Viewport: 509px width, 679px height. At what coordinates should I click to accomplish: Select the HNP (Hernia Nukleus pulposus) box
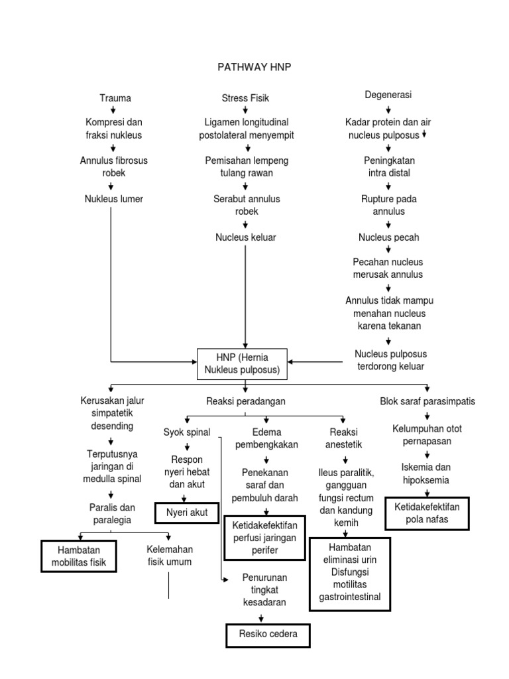(x=242, y=363)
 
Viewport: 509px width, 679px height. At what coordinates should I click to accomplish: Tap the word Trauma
(x=115, y=98)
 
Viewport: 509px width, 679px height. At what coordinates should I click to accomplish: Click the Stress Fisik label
(x=245, y=98)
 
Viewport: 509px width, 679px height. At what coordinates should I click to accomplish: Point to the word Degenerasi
(x=388, y=95)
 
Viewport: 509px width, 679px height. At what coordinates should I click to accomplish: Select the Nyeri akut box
(x=186, y=513)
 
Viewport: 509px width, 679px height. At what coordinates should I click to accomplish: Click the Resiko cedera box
(x=268, y=635)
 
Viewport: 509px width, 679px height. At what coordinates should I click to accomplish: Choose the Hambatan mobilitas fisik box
(x=78, y=556)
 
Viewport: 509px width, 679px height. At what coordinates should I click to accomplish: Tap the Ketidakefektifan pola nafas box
(x=426, y=513)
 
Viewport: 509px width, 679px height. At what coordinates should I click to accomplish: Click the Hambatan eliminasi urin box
(x=349, y=572)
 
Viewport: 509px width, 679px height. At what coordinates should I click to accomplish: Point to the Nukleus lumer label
(x=113, y=198)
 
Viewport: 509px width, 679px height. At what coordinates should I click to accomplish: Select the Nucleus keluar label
(x=245, y=237)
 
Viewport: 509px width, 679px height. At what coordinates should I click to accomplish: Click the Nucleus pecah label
(x=388, y=237)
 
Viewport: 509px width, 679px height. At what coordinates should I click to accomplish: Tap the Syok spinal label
(x=187, y=432)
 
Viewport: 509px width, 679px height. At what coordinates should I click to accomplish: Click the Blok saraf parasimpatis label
(x=427, y=402)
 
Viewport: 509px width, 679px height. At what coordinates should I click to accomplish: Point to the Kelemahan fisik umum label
(x=169, y=555)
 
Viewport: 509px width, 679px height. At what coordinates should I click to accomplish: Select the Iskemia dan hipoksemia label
(x=426, y=473)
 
